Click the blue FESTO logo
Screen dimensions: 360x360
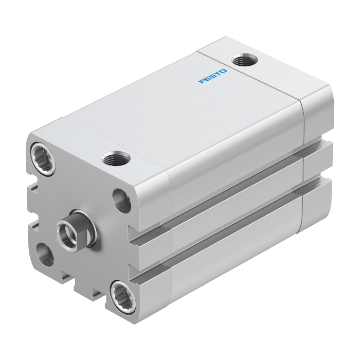click(213, 76)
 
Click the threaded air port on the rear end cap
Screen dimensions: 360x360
click(244, 60)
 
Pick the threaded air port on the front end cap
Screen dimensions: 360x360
click(116, 158)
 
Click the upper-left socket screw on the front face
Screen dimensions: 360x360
click(43, 159)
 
